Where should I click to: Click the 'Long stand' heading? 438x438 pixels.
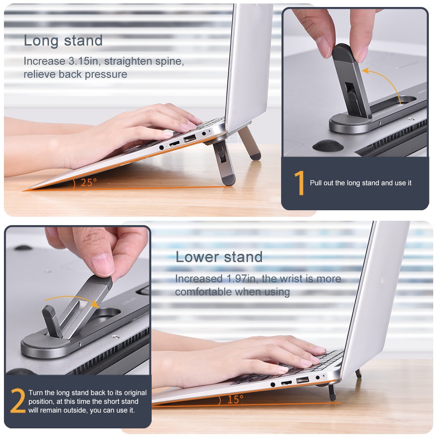click(63, 41)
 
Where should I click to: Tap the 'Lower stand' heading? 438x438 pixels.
click(219, 257)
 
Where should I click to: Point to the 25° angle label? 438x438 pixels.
click(89, 183)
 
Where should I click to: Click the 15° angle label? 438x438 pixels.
click(235, 400)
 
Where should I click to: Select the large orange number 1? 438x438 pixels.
click(299, 183)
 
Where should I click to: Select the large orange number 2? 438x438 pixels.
click(17, 400)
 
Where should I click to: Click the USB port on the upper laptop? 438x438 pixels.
click(189, 138)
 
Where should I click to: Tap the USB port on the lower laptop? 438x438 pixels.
click(302, 380)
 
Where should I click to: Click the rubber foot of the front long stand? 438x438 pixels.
click(229, 180)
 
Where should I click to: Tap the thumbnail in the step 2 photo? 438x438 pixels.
click(102, 264)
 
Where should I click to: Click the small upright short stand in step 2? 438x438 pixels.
click(52, 321)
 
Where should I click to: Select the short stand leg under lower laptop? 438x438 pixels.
click(332, 392)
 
